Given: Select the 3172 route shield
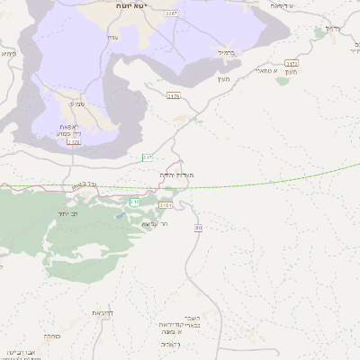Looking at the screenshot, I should tap(291, 64).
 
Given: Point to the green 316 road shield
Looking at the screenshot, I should tap(134, 202).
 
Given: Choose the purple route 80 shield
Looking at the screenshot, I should tap(198, 228).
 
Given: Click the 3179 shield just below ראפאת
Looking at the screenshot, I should tap(73, 141).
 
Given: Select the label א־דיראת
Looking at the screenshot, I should tap(282, 5).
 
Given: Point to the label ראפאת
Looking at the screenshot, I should tap(71, 126).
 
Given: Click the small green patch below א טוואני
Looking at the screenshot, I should tap(283, 81).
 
